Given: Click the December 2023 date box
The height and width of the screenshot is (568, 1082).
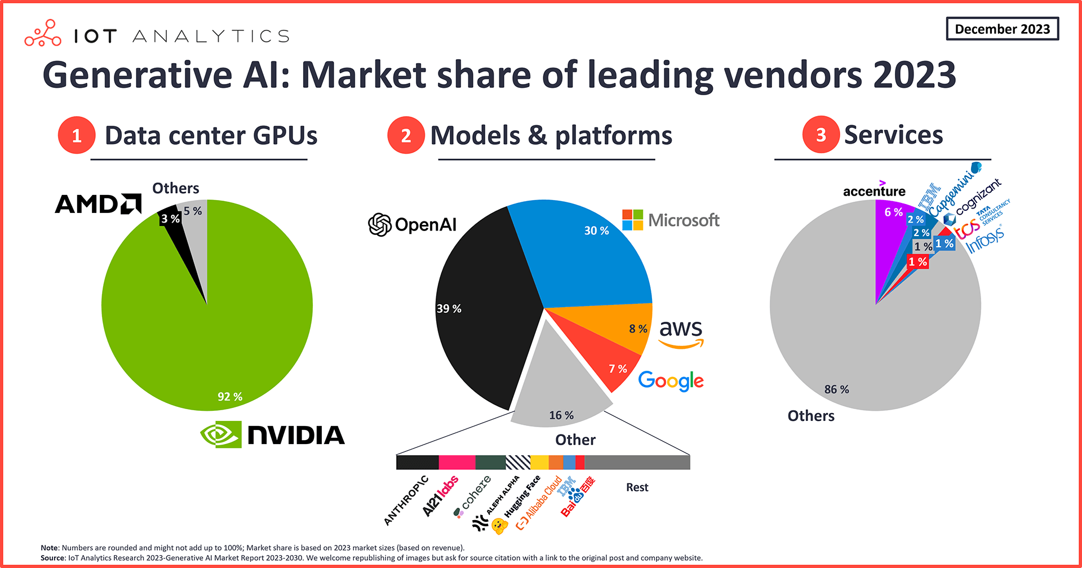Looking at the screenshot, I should (1002, 29).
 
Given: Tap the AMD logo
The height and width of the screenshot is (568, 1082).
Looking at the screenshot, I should (99, 204).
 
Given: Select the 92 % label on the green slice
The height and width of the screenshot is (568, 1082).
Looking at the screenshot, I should (230, 397).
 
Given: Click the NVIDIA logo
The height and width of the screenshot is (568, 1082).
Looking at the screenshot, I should (273, 434).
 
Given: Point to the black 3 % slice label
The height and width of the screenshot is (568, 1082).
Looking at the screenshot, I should (170, 219).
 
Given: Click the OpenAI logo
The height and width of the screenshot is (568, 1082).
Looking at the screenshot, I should (412, 224).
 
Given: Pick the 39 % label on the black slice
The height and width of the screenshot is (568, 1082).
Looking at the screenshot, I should (449, 309).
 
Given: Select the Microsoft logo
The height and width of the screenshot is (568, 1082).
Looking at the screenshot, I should (671, 220).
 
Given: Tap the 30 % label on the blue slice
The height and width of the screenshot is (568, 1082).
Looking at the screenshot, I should (596, 230).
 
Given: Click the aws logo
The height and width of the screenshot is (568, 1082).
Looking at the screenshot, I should (681, 332).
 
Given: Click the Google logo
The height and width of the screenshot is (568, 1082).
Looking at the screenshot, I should (671, 381).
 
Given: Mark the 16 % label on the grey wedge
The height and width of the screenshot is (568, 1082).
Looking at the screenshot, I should (561, 415).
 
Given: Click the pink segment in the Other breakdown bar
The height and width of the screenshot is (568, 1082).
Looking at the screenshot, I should (456, 463).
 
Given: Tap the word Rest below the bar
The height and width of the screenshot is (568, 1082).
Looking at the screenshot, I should (637, 487).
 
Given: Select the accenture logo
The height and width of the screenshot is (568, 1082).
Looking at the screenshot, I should (874, 190).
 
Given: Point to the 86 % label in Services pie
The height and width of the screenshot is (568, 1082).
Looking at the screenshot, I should (836, 389).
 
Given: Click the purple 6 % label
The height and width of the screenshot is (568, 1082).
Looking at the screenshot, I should (893, 212).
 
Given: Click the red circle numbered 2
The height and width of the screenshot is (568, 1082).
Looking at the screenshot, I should (406, 135).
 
